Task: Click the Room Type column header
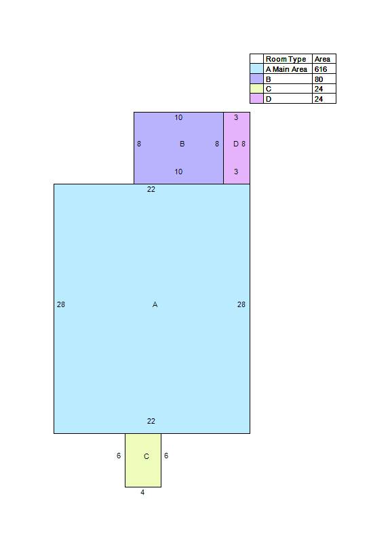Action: coord(286,59)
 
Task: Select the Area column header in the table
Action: coord(322,59)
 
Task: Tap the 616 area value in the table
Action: coord(321,69)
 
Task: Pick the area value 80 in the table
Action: coord(319,79)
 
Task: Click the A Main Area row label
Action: coord(286,69)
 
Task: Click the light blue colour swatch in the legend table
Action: coord(257,68)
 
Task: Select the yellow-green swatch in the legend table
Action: coord(257,89)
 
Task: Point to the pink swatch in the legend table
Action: coord(257,99)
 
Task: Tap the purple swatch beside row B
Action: coord(257,79)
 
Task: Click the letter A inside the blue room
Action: coord(155,304)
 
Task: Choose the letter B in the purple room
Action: coord(182,144)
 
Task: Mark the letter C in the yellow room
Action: coord(147,456)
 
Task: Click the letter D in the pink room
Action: coord(236,144)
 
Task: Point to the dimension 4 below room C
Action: coord(142,492)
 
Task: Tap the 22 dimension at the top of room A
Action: coord(151,189)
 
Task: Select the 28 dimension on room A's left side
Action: coord(61,304)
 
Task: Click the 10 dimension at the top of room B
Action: coord(178,117)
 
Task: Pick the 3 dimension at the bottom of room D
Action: coord(236,172)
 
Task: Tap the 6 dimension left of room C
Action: coord(119,456)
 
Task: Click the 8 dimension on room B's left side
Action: coord(139,144)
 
